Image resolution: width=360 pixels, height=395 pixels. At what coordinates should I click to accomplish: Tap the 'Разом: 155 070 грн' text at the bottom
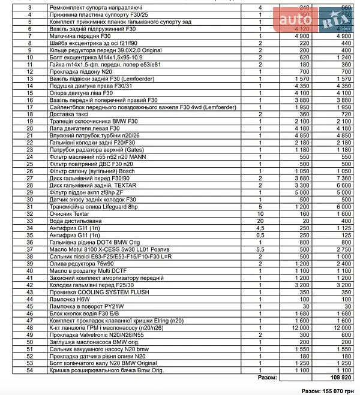pyautogui.click(x=329, y=390)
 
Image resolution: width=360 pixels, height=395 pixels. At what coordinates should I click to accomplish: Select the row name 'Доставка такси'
pyautogui.click(x=69, y=114)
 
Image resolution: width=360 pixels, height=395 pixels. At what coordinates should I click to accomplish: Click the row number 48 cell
pyautogui.click(x=30, y=328)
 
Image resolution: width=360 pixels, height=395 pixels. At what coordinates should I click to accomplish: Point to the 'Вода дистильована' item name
pyautogui.click(x=73, y=221)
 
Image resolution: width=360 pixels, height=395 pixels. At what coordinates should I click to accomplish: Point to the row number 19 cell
pyautogui.click(x=30, y=121)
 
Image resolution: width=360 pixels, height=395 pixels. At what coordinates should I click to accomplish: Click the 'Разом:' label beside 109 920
pyautogui.click(x=267, y=378)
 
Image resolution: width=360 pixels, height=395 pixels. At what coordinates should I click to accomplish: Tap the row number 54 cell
pyautogui.click(x=30, y=370)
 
